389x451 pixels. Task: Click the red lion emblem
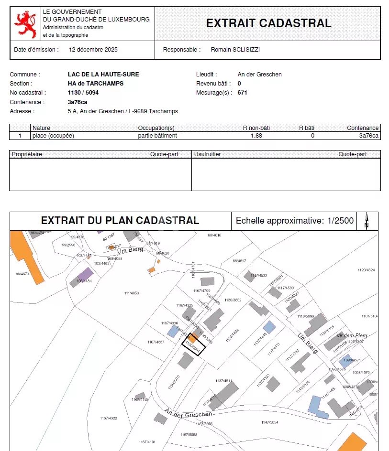tap(25, 24)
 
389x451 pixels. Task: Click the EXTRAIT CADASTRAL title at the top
tap(268, 23)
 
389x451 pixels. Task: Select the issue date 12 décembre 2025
tap(93, 50)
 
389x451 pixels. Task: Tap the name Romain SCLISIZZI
tap(235, 50)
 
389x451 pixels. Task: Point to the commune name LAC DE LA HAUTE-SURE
tap(103, 75)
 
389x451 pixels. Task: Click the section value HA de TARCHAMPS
tap(96, 84)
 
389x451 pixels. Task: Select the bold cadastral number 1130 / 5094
tap(83, 93)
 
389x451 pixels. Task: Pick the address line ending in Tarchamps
tap(123, 111)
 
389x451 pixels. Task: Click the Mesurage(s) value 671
tap(243, 93)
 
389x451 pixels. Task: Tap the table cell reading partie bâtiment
tap(157, 136)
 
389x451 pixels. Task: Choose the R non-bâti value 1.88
tap(256, 136)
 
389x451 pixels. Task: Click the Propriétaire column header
tap(27, 154)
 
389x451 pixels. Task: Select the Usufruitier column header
tap(208, 154)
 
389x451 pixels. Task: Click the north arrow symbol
tap(367, 220)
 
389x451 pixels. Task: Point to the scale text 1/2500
tap(341, 221)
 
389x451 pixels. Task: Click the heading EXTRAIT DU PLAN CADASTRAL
tap(120, 221)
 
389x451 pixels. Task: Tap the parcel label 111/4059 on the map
tap(132, 293)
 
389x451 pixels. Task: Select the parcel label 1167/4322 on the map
tap(109, 419)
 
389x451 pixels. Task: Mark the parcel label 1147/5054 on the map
tap(270, 422)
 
